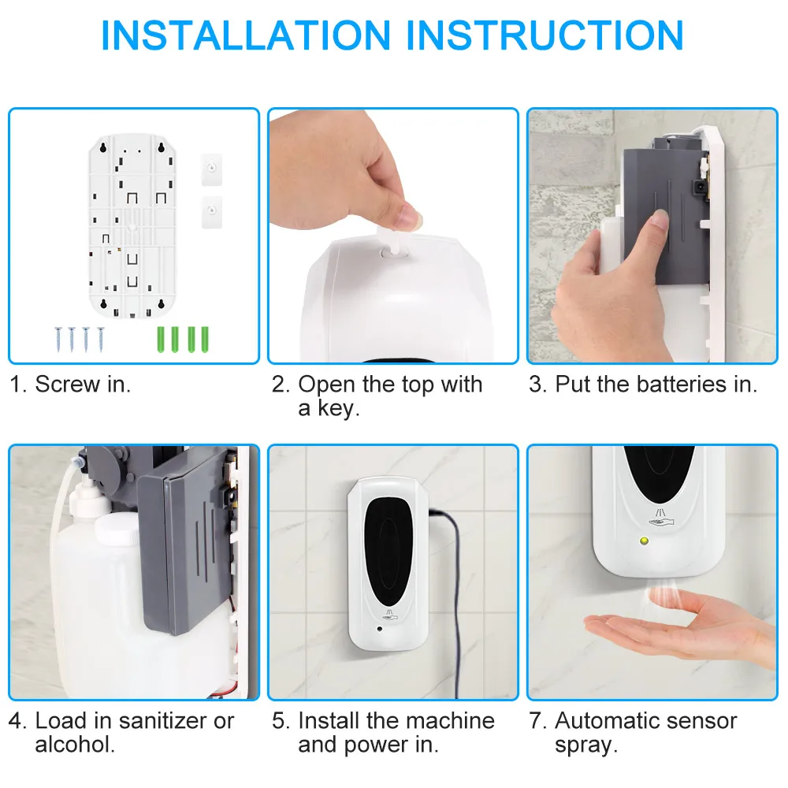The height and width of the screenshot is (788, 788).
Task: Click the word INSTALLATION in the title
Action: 246,35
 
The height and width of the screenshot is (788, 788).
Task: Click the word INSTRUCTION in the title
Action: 545,35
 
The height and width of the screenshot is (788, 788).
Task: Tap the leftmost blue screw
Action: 58,339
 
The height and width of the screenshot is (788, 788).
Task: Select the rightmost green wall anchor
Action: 205,339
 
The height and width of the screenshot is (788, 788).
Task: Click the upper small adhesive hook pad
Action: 211,169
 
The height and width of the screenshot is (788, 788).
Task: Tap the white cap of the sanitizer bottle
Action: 117,527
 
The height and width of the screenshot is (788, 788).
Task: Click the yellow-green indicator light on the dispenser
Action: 644,541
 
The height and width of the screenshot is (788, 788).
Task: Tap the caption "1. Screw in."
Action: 70,385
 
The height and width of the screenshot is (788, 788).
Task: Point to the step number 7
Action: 536,721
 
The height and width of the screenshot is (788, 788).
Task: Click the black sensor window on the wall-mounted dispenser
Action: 388,554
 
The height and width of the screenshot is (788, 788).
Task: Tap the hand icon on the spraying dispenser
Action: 660,519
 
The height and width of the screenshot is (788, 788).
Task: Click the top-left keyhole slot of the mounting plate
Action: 103,148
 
